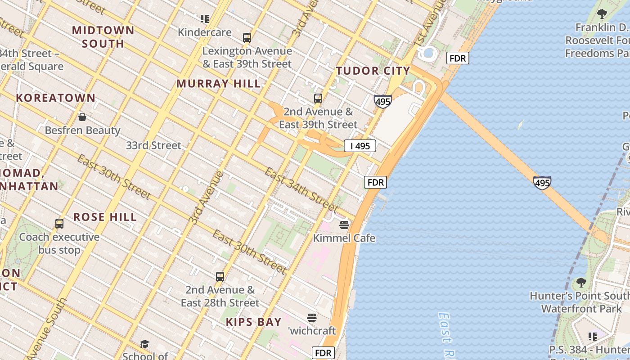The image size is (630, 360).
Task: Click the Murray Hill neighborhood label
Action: pyautogui.click(x=218, y=84)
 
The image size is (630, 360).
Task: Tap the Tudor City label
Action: pyautogui.click(x=373, y=71)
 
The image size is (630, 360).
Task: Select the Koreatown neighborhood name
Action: pyautogui.click(x=56, y=98)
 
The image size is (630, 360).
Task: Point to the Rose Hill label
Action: pyautogui.click(x=105, y=217)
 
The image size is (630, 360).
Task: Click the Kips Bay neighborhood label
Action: pyautogui.click(x=254, y=322)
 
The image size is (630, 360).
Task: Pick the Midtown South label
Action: pyautogui.click(x=103, y=37)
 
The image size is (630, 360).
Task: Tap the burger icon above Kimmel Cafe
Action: pyautogui.click(x=344, y=225)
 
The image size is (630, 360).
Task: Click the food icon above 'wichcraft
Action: pyautogui.click(x=312, y=318)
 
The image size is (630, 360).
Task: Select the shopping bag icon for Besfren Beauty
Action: pyautogui.click(x=82, y=117)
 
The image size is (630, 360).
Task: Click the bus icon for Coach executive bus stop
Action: pyautogui.click(x=59, y=224)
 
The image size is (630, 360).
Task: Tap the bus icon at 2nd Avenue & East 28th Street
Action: pyautogui.click(x=220, y=277)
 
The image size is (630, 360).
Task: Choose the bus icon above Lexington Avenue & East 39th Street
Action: pyautogui.click(x=247, y=38)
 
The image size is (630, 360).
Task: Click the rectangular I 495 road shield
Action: pyautogui.click(x=360, y=146)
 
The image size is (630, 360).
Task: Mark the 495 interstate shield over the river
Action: pyautogui.click(x=542, y=183)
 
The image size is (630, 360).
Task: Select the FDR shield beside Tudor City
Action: pyautogui.click(x=458, y=58)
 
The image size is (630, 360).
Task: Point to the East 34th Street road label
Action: pyautogui.click(x=301, y=189)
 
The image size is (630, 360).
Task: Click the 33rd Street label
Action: pyautogui.click(x=153, y=145)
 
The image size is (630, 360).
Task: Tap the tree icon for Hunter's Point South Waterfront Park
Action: pyautogui.click(x=581, y=283)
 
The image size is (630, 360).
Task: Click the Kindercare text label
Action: pyautogui.click(x=205, y=32)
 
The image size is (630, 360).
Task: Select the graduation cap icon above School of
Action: pyautogui.click(x=144, y=344)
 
